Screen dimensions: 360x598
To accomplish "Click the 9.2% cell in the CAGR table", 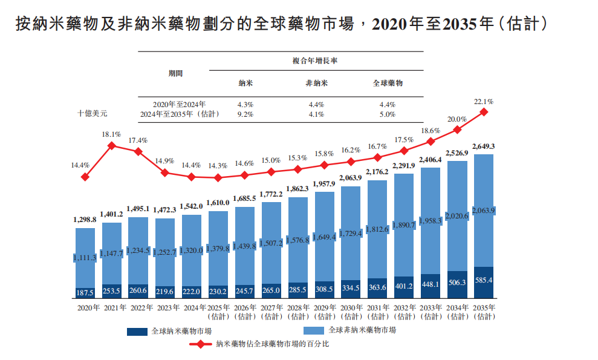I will point(245,114).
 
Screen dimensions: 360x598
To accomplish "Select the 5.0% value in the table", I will point(387,114).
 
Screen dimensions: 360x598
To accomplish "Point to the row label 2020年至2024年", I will point(179,104).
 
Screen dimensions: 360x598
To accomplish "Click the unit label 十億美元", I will point(93,113).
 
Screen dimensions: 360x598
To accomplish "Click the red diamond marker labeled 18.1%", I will point(112,145).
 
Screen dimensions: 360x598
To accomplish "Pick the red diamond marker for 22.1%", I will point(484,111).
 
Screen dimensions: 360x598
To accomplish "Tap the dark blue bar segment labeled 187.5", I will point(85,292).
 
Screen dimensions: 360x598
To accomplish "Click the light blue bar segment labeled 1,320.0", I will point(192,249).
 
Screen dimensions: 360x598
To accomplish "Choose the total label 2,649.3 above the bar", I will point(484,146).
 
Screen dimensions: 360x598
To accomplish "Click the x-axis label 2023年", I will point(165,308).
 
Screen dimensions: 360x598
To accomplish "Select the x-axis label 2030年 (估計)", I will point(351,312).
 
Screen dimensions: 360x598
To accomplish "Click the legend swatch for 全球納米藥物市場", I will point(137,331).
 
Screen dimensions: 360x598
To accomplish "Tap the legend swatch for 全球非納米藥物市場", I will point(314,331).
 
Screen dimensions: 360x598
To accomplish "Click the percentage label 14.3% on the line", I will point(218,165).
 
